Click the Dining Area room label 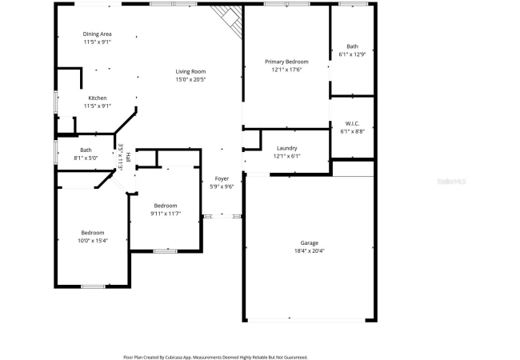(97, 34)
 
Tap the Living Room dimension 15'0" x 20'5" (190, 79)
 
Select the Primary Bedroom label (286, 62)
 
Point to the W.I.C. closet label (352, 124)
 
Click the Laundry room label (287, 148)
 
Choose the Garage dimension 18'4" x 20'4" (310, 251)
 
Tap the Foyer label (222, 178)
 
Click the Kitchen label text (98, 98)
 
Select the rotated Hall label (128, 156)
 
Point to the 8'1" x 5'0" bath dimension (86, 158)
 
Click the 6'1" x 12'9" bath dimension (352, 54)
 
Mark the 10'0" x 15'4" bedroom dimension (93, 241)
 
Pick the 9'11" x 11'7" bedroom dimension (166, 214)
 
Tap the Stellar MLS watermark (451, 182)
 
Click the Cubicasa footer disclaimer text (215, 358)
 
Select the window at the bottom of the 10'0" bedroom (93, 286)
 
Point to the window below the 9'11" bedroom (165, 251)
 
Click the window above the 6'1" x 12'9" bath (353, 4)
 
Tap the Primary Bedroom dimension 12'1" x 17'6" (286, 70)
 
